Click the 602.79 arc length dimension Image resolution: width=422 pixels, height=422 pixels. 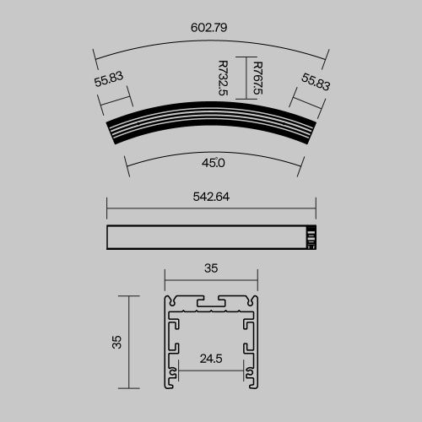pyautogui.click(x=209, y=27)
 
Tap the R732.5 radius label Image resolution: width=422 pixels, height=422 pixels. pyautogui.click(x=223, y=78)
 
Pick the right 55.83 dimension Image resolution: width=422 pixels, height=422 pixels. pyautogui.click(x=314, y=82)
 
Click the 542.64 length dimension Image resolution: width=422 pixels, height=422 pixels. pyautogui.click(x=211, y=197)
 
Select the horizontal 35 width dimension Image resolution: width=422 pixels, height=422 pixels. pyautogui.click(x=211, y=268)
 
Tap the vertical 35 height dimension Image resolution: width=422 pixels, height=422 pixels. pyautogui.click(x=116, y=342)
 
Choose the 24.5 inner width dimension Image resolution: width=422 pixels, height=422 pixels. pyautogui.click(x=211, y=358)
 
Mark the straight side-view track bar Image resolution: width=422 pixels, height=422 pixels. pyautogui.click(x=207, y=238)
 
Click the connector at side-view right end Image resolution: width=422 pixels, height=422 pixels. pyautogui.click(x=311, y=238)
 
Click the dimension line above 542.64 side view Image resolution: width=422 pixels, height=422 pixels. pyautogui.click(x=211, y=207)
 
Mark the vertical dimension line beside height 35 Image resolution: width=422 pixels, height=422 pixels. pyautogui.click(x=129, y=342)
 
